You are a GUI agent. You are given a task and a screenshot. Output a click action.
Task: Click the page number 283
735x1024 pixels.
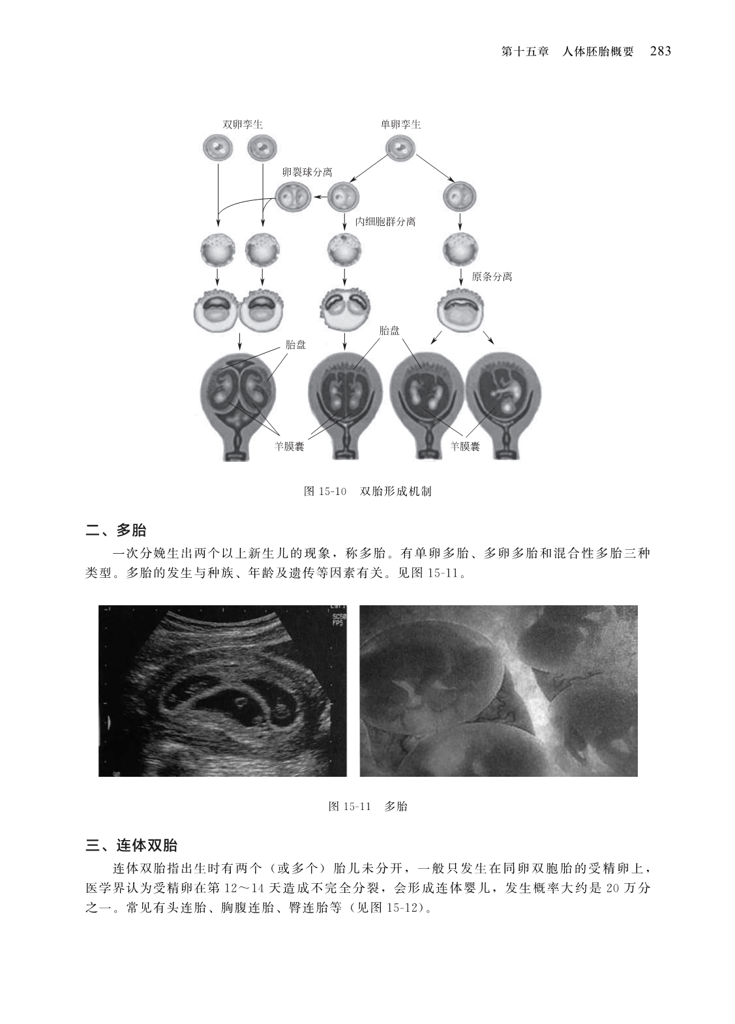click(661, 51)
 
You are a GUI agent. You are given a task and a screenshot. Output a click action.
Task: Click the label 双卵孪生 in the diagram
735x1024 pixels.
click(243, 125)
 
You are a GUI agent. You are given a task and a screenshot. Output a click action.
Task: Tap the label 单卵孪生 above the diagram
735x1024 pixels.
click(401, 125)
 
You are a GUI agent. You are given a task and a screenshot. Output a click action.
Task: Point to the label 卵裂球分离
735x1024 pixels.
click(307, 172)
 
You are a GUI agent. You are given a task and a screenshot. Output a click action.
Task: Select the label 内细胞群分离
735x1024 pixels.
click(386, 222)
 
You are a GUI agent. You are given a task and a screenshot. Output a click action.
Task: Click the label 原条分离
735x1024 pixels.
click(492, 277)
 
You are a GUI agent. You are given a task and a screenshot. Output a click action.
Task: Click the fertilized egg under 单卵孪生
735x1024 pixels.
click(400, 148)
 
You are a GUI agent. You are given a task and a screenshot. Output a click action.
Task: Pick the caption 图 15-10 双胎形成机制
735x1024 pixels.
click(368, 491)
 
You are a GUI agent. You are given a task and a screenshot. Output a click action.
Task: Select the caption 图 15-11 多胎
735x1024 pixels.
click(368, 806)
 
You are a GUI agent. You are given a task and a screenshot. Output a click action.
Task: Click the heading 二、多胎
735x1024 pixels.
click(116, 530)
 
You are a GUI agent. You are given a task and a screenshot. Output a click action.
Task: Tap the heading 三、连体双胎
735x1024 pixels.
click(132, 845)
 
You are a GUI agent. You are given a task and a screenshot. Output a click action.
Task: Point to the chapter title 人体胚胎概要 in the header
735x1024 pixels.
click(598, 52)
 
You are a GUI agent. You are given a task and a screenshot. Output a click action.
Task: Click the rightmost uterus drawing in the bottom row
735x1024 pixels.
click(503, 405)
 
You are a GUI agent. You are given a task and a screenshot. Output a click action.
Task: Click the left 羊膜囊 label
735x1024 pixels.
click(290, 446)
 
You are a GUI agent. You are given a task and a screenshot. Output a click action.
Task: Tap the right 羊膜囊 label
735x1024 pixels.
click(465, 446)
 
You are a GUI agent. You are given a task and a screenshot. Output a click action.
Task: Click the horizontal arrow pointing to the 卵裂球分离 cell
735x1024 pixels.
click(320, 197)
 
